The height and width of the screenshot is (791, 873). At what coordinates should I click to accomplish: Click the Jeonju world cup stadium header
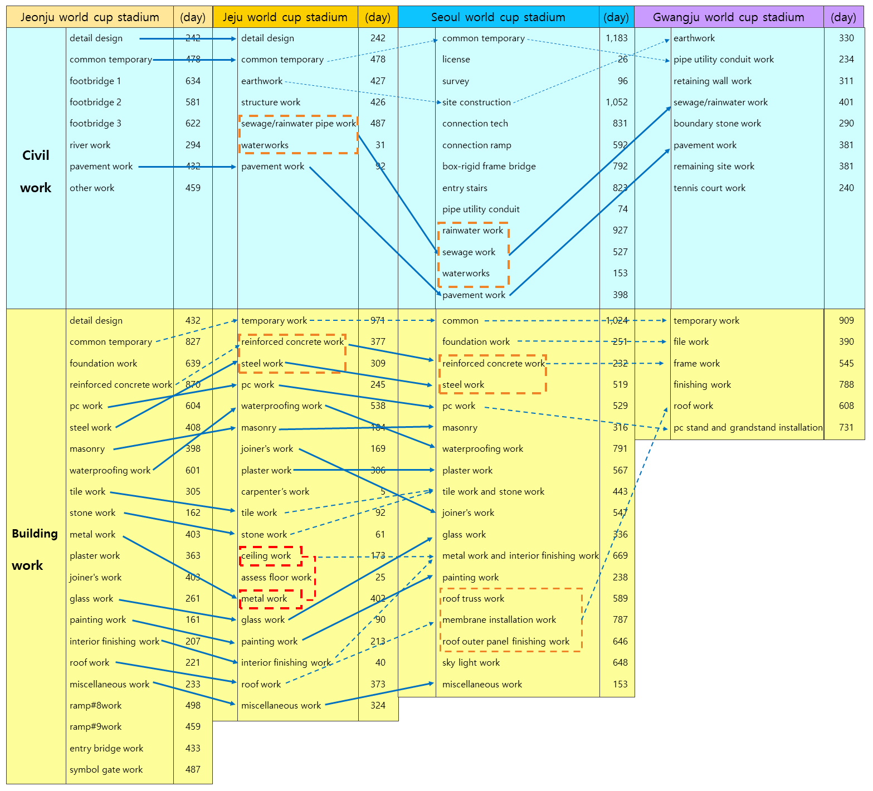click(90, 17)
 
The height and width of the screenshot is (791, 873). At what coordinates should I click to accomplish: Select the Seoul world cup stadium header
click(498, 17)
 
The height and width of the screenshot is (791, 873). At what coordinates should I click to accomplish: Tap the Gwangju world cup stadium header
click(728, 17)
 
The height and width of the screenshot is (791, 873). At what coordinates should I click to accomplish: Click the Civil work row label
click(36, 172)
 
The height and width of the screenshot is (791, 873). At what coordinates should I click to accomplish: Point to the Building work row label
click(35, 549)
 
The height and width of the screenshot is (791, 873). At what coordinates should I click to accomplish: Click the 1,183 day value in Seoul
click(617, 38)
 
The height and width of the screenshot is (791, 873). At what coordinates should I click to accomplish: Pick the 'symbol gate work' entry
click(106, 770)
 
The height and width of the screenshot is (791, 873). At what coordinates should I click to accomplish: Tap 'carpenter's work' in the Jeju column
click(275, 492)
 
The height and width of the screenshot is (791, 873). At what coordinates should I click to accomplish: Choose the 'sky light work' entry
click(471, 663)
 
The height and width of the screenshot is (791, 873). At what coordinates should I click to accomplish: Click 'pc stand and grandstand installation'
click(748, 428)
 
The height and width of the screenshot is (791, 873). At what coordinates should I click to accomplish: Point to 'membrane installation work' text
click(499, 620)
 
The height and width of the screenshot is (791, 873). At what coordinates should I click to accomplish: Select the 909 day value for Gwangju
click(846, 321)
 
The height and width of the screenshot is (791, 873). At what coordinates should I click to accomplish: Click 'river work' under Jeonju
click(90, 145)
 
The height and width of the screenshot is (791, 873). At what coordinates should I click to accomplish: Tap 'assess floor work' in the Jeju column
click(276, 578)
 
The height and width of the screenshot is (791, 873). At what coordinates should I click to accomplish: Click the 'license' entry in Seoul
click(456, 60)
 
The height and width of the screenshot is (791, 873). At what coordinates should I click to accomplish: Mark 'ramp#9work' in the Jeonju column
click(95, 727)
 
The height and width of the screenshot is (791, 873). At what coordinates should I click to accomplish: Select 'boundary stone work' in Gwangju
click(717, 124)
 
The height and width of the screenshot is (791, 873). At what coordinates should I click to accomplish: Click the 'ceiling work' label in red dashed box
click(266, 556)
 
